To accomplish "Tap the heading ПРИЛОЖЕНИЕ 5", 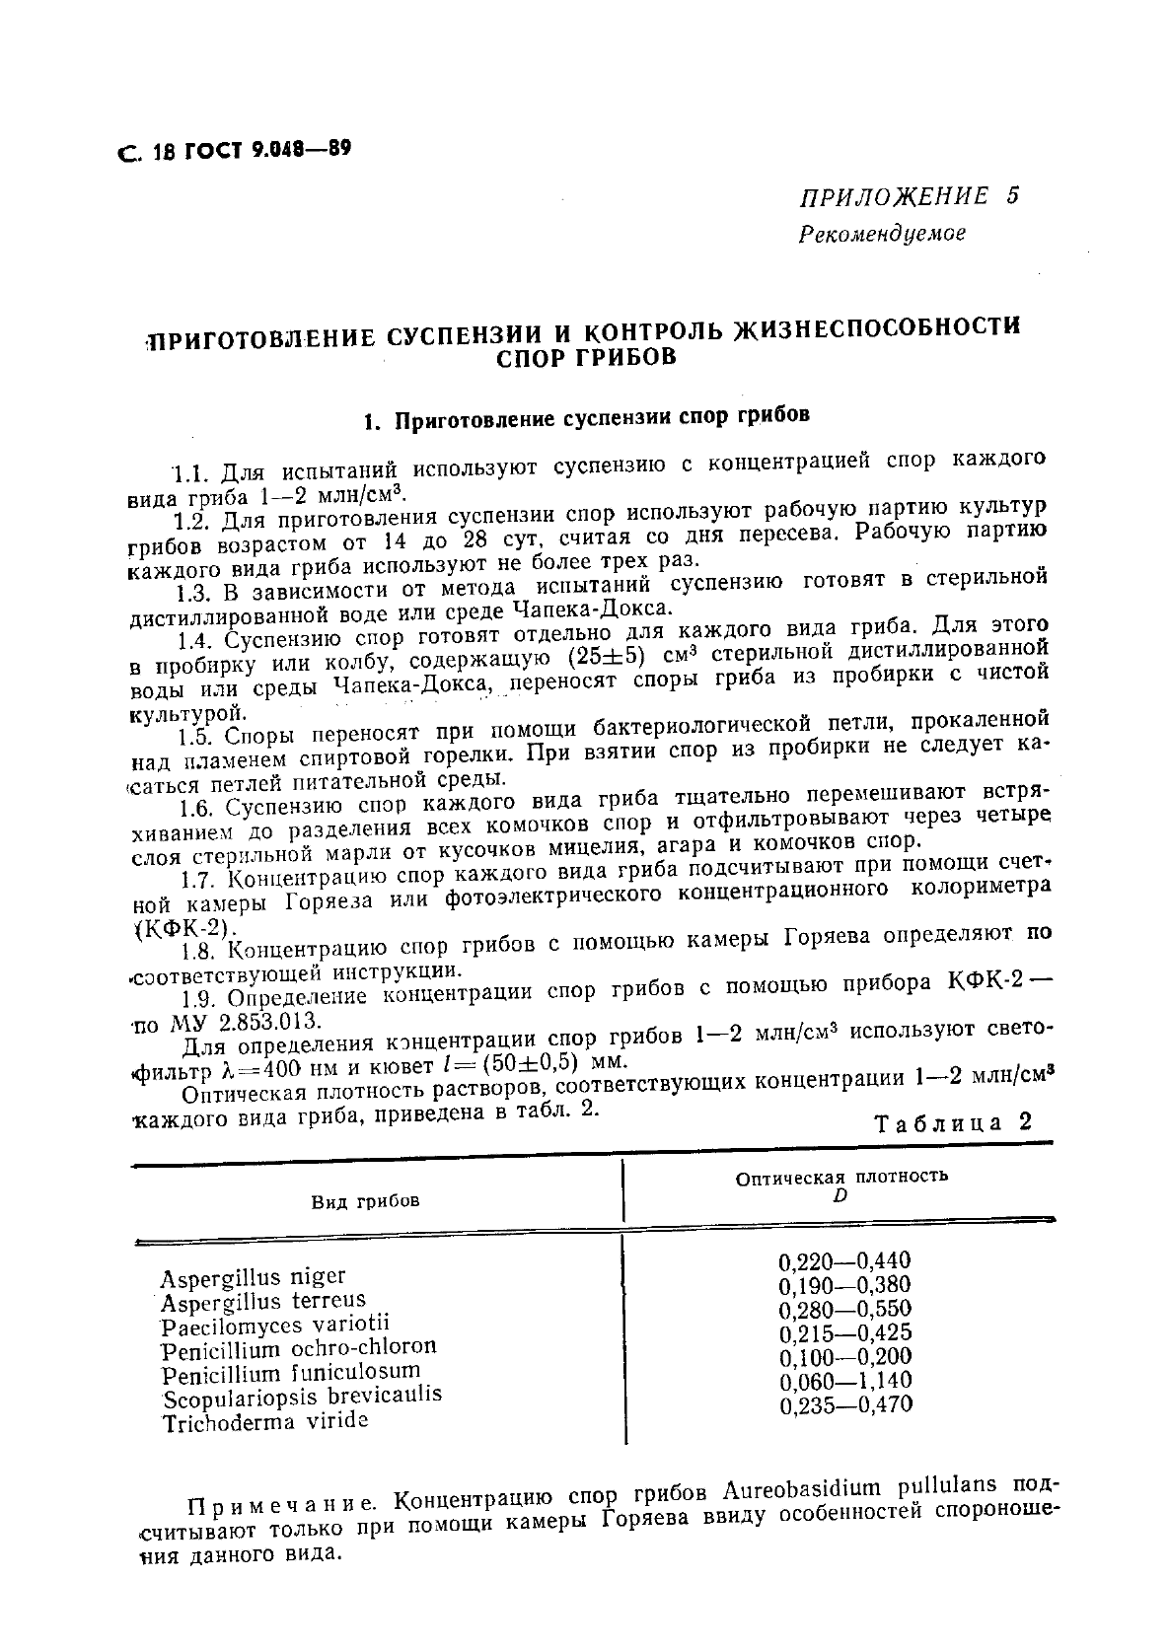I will (908, 195).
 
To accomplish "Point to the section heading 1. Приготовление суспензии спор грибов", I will (586, 418).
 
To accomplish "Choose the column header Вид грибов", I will (365, 1201).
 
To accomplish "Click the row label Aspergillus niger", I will (254, 1278).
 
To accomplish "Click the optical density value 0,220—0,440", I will (844, 1260).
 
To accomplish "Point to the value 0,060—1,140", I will (844, 1381).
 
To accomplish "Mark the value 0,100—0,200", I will (844, 1357).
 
